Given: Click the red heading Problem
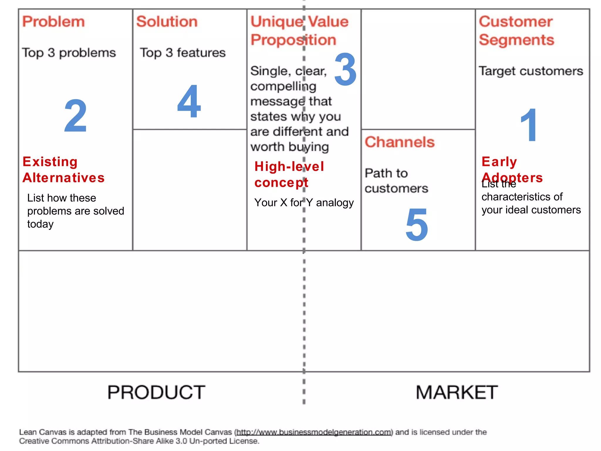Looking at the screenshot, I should pos(53,22).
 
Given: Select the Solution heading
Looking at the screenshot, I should pos(167,22).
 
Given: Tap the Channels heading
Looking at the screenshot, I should pos(399,142).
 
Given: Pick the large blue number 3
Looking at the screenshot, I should pos(345,70).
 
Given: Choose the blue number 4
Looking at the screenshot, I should pos(189,101).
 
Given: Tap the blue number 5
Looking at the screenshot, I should pos(417,225).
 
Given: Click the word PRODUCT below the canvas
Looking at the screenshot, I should pos(156,392).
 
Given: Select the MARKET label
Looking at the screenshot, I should pos(457,392).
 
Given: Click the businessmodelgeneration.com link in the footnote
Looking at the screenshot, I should pos(314,432).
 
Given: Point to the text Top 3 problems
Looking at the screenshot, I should pos(69,53).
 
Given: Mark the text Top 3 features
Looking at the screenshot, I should pos(183,53).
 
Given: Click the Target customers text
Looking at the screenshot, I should pos(531,71).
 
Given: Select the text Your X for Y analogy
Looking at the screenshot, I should pos(304,203).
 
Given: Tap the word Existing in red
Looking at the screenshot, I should pos(50,162).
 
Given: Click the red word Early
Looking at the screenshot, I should pos(499,162).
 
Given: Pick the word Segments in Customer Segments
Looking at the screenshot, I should pos(516,40).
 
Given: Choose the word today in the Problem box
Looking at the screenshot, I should pos(40,224).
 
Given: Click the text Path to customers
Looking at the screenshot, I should pos(396,181).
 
